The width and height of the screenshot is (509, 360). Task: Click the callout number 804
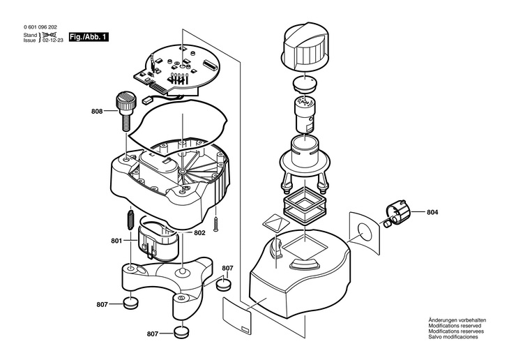click(x=432, y=212)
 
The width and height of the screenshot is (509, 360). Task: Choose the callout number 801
click(x=116, y=241)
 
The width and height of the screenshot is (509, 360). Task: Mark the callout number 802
click(x=199, y=232)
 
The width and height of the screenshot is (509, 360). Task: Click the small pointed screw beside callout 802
click(x=217, y=224)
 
